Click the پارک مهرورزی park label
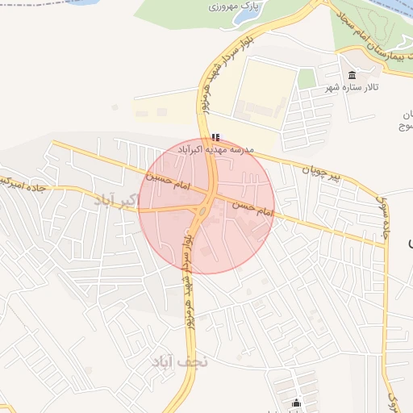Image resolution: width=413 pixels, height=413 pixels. pos(217,6)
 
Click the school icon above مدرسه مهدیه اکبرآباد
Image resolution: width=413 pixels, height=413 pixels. pos(215,138)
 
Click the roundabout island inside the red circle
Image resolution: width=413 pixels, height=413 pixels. pos(202,212)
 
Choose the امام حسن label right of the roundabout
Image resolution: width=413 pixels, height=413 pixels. pos(253,209)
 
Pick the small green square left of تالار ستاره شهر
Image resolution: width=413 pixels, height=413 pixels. pos(307,78)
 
